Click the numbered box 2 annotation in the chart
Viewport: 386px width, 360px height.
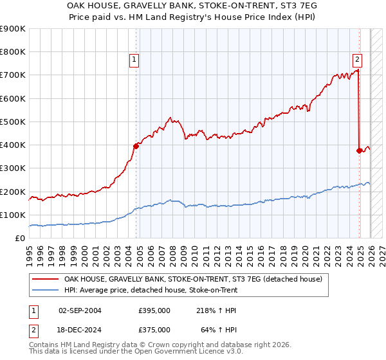(x=357, y=60)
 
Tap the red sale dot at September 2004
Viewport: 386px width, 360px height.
(x=136, y=146)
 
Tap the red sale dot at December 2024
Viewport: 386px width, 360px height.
(x=359, y=150)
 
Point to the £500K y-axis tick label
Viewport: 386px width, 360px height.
(x=12, y=122)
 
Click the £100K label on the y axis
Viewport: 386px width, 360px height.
(x=12, y=215)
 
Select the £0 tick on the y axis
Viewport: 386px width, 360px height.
(x=19, y=239)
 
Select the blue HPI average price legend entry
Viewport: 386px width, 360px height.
(x=151, y=291)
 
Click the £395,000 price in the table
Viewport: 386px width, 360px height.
(x=154, y=310)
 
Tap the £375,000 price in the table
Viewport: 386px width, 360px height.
(x=154, y=329)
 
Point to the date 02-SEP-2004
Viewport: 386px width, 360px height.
(x=80, y=310)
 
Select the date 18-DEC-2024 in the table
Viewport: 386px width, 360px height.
(x=80, y=329)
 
